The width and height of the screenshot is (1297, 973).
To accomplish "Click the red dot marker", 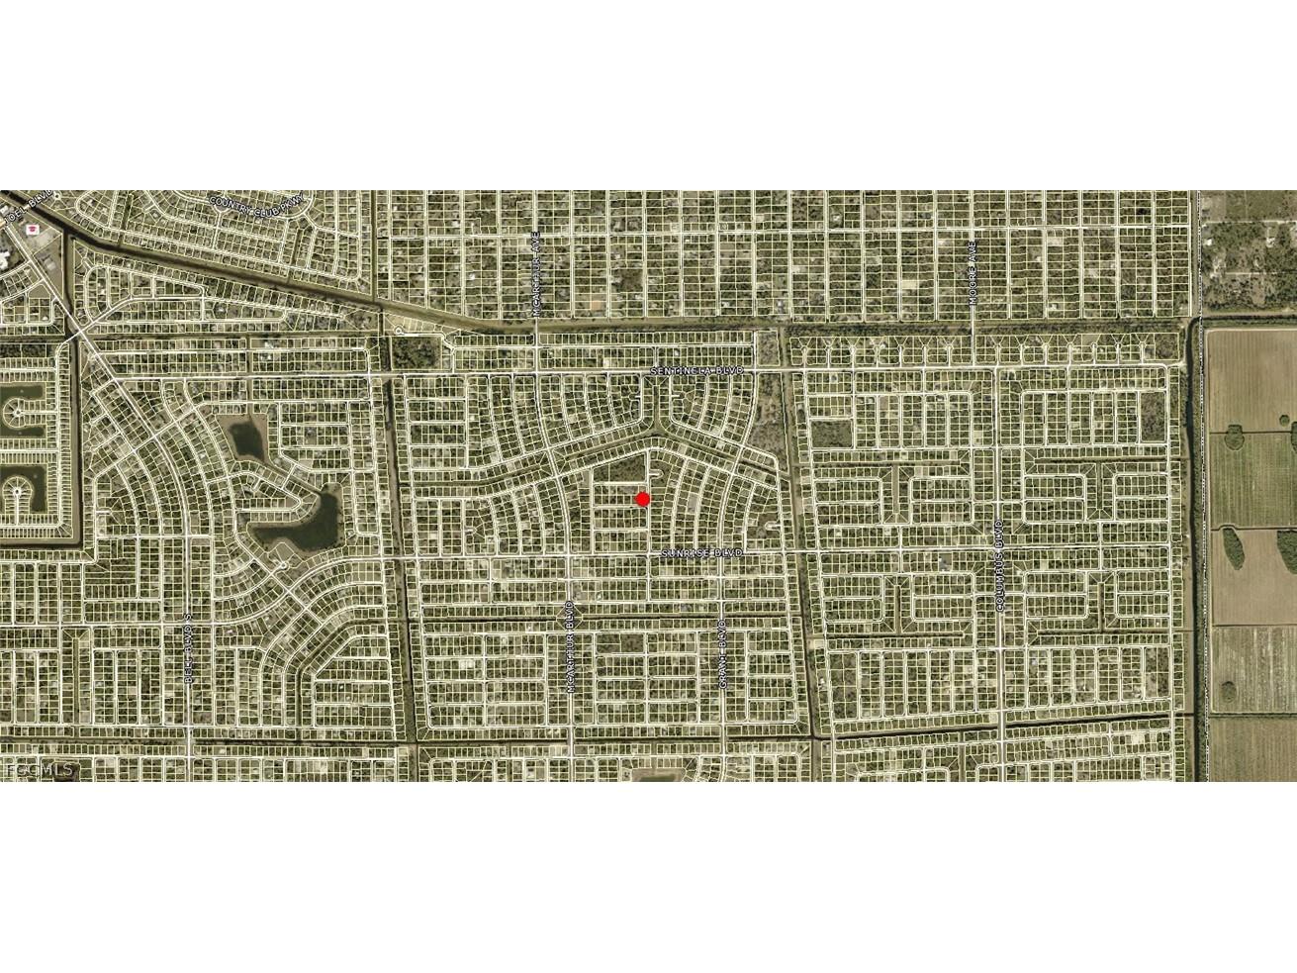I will pos(642,499).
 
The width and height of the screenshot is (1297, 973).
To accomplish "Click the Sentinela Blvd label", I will pos(695,370).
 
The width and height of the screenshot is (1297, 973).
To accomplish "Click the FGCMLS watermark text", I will pos(40,768).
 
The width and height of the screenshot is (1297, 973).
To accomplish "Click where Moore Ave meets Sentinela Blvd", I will pos(973,368).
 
